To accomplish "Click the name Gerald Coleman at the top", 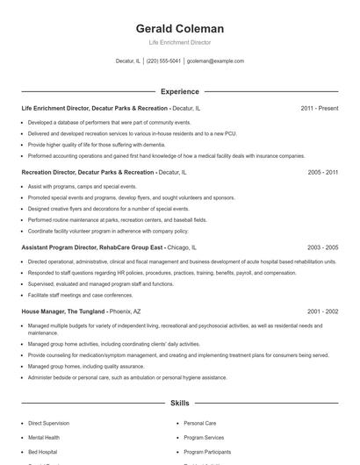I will pyautogui.click(x=179, y=28).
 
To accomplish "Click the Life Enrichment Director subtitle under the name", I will pyautogui.click(x=179, y=42).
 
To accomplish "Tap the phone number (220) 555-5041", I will pyautogui.click(x=163, y=61).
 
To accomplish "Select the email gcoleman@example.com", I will pyautogui.click(x=215, y=61).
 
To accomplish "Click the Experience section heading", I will pyautogui.click(x=179, y=91).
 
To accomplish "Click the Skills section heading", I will pyautogui.click(x=179, y=403).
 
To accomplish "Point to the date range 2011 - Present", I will pyautogui.click(x=319, y=108).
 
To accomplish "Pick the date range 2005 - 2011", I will pyautogui.click(x=322, y=173).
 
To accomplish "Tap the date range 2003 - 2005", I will pyautogui.click(x=322, y=248).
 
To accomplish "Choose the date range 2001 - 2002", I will pyautogui.click(x=322, y=311).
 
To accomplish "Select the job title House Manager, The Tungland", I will pyautogui.click(x=62, y=311).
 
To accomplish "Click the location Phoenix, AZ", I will pyautogui.click(x=125, y=311).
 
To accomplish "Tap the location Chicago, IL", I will pyautogui.click(x=179, y=248).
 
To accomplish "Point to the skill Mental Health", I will pyautogui.click(x=44, y=437).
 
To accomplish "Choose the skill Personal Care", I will pyautogui.click(x=199, y=423).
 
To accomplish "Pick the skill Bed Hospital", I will pyautogui.click(x=43, y=451).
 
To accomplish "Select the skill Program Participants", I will pyautogui.click(x=207, y=451).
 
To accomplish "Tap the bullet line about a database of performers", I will pyautogui.click(x=97, y=122).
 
